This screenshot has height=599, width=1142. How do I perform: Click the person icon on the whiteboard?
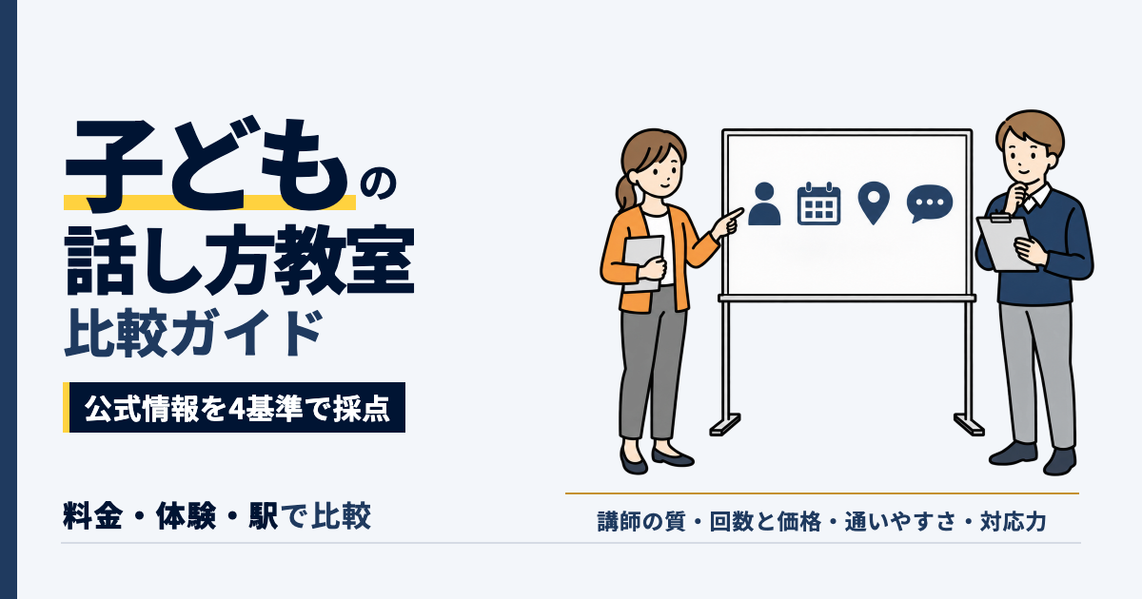764,203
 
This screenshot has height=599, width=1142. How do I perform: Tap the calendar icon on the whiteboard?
818,203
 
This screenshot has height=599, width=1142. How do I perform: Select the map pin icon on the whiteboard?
874,203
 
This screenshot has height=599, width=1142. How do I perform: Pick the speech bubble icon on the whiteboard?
930,203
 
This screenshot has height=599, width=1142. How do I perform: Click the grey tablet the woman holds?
643,263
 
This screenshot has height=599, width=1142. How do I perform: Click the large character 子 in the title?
114,166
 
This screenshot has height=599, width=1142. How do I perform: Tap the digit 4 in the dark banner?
236,409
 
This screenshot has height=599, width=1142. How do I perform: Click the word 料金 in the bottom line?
93,516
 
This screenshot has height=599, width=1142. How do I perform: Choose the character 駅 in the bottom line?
264,516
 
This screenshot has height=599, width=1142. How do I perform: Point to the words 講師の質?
641,522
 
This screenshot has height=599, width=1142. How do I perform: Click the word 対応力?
1013,522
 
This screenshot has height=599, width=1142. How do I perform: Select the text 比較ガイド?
194,333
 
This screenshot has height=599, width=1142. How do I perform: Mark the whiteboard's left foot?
724,425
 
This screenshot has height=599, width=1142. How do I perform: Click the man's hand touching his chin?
1017,194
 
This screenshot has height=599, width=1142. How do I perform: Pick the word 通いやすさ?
900,522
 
